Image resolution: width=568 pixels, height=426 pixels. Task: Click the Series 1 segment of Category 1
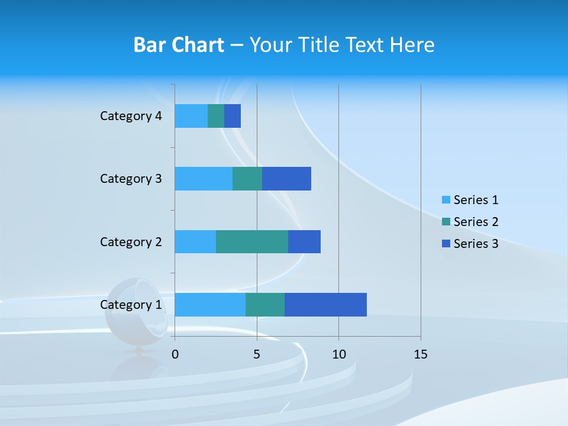(210, 304)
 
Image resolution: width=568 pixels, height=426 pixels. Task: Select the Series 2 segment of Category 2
(252, 241)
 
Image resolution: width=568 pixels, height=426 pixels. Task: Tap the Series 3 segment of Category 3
(286, 179)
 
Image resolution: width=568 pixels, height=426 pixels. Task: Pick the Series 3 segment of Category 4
(233, 116)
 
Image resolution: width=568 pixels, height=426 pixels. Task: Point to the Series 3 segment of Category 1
(325, 304)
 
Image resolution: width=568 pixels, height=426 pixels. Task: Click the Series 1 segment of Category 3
(204, 179)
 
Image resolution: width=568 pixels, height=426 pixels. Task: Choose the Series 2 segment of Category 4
(216, 116)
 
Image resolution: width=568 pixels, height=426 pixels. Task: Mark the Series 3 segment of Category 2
(304, 241)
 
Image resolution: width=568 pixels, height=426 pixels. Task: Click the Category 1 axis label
(131, 305)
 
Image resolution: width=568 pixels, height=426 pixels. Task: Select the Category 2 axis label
(131, 242)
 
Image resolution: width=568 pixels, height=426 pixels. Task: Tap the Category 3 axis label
(131, 179)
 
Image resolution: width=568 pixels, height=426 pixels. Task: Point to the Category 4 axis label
(131, 116)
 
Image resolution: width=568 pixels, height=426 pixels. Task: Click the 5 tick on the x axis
(257, 354)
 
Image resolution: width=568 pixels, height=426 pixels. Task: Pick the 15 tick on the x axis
(421, 354)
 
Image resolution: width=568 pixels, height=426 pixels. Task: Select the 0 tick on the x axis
(175, 354)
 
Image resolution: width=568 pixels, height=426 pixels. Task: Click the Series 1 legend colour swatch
(446, 200)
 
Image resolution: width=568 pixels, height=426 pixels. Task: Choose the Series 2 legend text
(476, 222)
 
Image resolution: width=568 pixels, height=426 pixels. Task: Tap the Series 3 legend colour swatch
(446, 244)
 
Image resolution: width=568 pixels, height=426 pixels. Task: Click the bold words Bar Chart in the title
(179, 45)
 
